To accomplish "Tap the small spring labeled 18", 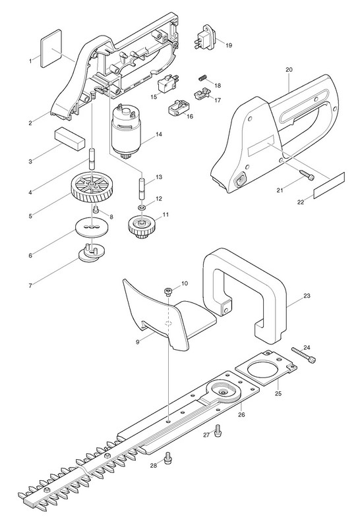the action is coord(202,78).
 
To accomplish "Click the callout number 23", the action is coord(307,296).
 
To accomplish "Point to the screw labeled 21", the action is coord(306,175).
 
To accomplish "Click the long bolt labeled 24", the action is coord(304,354).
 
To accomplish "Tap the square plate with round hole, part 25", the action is coord(266,368).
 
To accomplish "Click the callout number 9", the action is coord(138,342).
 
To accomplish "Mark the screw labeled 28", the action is coord(167,458).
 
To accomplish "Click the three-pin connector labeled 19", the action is coord(205,40).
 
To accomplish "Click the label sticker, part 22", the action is coord(329,185).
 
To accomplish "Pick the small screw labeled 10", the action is coord(169,291).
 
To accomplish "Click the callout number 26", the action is coord(241,415).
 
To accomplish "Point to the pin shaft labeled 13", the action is coord(142,190).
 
